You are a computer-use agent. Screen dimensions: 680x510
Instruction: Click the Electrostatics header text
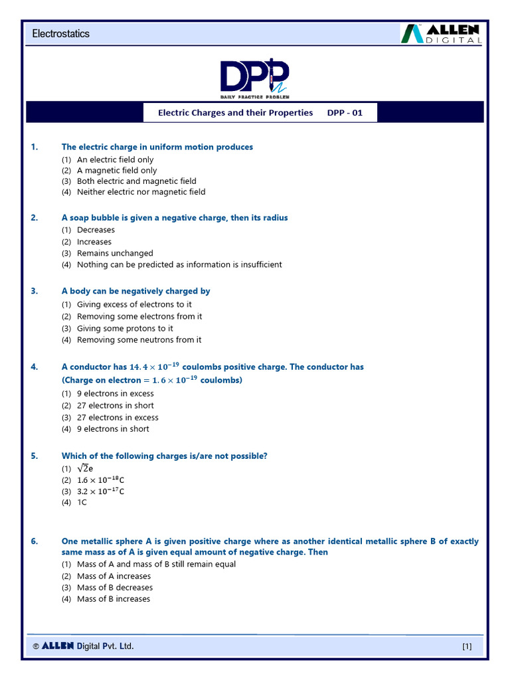(x=60, y=33)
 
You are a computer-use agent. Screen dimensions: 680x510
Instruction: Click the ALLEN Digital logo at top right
(x=441, y=34)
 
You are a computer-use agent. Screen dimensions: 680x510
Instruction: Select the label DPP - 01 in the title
(x=345, y=113)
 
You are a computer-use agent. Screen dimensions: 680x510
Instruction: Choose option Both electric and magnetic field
(x=136, y=181)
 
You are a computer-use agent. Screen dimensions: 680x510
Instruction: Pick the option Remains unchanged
(x=115, y=253)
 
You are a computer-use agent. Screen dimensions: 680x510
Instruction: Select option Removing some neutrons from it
(x=139, y=340)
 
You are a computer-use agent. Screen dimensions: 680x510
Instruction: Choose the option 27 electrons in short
(x=115, y=406)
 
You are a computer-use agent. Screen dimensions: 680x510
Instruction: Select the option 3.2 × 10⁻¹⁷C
(x=101, y=491)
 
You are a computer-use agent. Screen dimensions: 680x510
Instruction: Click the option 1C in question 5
(x=82, y=503)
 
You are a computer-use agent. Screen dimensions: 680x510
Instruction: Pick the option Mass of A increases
(x=114, y=576)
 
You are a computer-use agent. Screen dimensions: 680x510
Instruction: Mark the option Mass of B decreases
(x=114, y=588)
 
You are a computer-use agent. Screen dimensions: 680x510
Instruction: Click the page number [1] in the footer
(x=466, y=647)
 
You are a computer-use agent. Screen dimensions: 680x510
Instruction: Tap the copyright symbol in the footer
(x=35, y=646)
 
